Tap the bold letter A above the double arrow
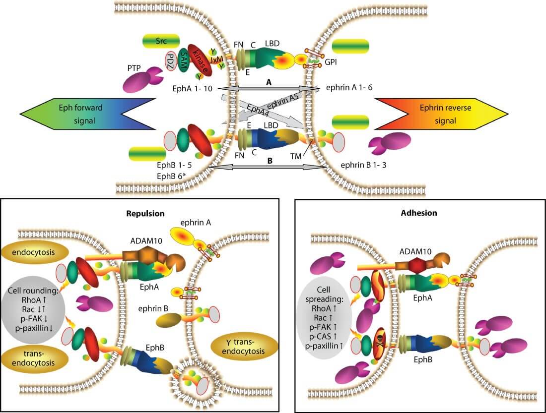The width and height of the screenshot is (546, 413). click(269, 83)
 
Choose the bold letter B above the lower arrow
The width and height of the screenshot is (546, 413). click(269, 161)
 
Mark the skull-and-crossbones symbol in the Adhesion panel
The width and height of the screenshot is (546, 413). click(376, 337)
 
